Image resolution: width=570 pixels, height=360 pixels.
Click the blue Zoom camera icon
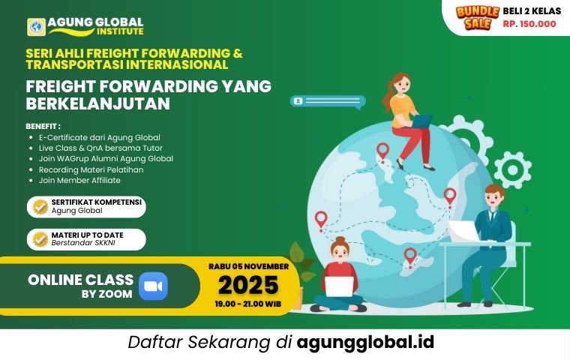point(153,286)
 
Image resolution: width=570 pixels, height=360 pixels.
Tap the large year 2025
point(248,285)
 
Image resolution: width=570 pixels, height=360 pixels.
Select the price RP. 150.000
point(529,24)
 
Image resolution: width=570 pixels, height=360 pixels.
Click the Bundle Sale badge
point(477,17)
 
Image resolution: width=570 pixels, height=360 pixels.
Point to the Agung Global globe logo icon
point(36,27)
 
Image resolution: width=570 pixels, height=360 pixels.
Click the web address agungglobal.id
point(365,342)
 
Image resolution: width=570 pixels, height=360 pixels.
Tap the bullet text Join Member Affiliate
point(79,180)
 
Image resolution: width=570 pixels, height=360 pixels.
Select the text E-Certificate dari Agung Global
point(100,138)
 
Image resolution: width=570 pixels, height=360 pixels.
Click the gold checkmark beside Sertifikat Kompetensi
point(40,207)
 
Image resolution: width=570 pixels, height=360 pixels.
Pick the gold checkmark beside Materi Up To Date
point(40,240)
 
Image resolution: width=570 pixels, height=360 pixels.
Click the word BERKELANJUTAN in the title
point(98,104)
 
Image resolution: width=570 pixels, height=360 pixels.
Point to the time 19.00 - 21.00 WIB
point(248,304)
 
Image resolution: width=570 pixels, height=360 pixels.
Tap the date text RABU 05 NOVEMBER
point(249,266)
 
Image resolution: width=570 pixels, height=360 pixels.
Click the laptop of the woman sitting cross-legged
point(339,287)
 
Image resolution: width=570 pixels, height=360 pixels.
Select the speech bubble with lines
point(328,102)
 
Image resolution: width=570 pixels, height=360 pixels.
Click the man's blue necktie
point(492,217)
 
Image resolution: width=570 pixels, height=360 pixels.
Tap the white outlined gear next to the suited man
point(512,169)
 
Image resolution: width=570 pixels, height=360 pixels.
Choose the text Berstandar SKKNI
point(83,243)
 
